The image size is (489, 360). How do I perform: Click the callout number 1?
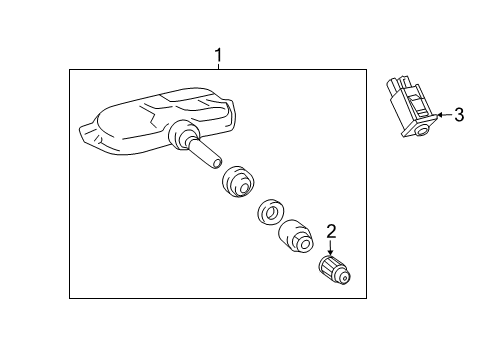click(x=218, y=55)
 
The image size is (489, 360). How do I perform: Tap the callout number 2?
click(x=331, y=231)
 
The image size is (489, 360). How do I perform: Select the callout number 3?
click(x=459, y=115)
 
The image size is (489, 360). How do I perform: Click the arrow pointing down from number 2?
click(x=330, y=248)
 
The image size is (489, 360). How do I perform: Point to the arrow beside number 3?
click(x=445, y=115)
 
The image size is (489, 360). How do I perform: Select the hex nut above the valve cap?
click(x=296, y=235)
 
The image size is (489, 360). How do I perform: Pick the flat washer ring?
click(x=271, y=212)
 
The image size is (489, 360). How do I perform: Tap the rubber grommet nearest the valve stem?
click(x=238, y=181)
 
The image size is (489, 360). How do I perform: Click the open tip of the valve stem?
click(x=217, y=163)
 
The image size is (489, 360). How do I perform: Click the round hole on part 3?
click(x=423, y=131)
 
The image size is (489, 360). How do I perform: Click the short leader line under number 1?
click(x=218, y=66)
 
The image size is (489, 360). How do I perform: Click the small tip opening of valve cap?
click(x=346, y=277)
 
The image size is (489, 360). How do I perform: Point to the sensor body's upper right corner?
click(x=231, y=100)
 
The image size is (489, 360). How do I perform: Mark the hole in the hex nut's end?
click(x=304, y=244)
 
